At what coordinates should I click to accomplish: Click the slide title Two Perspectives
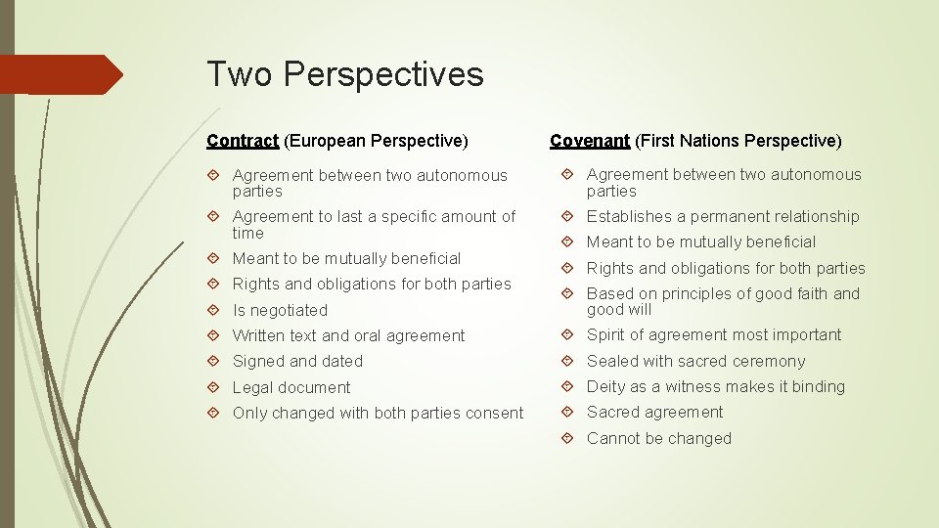(344, 74)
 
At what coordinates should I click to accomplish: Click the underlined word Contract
(243, 141)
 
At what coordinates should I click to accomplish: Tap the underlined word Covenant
(590, 141)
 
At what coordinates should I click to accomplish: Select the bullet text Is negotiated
(280, 310)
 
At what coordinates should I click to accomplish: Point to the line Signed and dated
(297, 362)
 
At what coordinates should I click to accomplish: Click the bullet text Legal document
(291, 387)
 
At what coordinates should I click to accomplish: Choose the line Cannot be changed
(658, 439)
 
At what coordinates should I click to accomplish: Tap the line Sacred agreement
(654, 413)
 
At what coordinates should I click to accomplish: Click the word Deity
(606, 387)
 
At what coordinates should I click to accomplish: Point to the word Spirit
(607, 335)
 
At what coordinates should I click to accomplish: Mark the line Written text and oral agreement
(348, 336)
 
